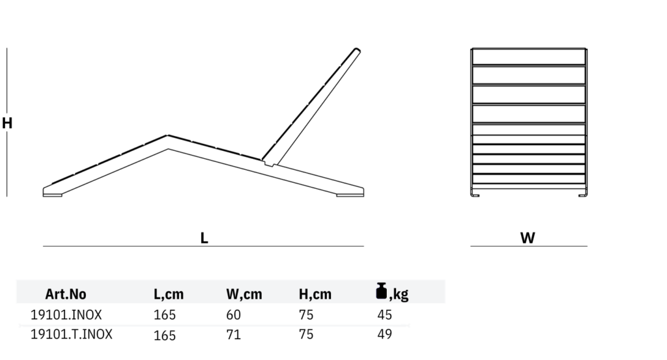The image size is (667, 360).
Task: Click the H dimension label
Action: [7, 123]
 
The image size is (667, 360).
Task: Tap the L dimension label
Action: [204, 238]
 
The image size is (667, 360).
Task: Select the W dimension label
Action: [528, 238]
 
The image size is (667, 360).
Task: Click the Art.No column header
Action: [66, 294]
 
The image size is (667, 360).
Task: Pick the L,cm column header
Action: [169, 294]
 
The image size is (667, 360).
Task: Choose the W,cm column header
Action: [244, 294]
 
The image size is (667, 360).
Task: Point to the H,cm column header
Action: [315, 294]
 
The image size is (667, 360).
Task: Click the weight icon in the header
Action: [382, 291]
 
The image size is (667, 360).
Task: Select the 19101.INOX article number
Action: [66, 315]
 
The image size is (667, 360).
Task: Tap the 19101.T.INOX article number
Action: [72, 335]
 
